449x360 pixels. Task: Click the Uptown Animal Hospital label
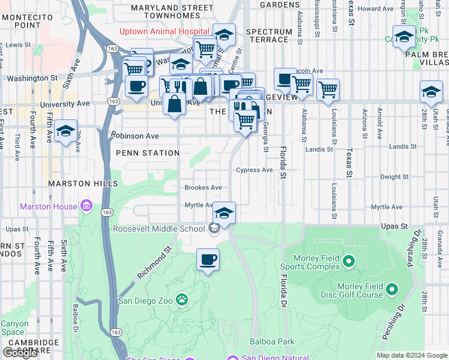(x=164, y=31)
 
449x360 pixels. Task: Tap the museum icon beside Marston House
(x=86, y=206)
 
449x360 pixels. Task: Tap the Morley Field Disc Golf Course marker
(x=392, y=290)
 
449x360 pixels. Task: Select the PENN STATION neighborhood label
(x=148, y=154)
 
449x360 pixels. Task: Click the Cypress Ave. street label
(x=255, y=170)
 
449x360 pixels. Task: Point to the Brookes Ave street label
(x=203, y=188)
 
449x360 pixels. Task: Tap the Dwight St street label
(x=394, y=177)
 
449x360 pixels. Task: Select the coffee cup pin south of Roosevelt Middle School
(x=208, y=260)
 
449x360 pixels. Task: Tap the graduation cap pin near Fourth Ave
(x=65, y=131)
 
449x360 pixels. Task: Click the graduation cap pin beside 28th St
(x=431, y=92)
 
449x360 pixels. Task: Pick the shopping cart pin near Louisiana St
(x=328, y=90)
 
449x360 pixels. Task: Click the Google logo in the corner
(x=20, y=353)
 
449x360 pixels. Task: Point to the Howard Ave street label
(x=375, y=9)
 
